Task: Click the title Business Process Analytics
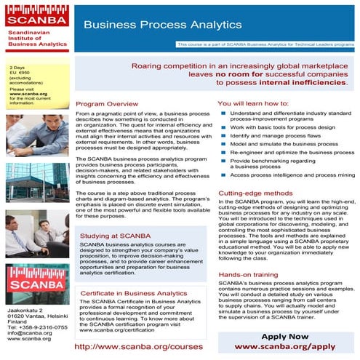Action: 162,24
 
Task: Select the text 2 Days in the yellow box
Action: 18,69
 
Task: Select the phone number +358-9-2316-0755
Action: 40,327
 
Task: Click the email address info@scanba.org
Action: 26,333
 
